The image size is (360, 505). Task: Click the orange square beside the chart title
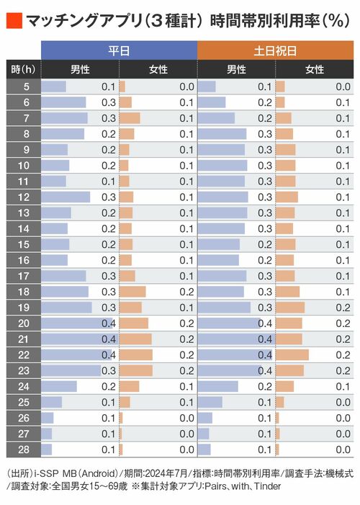click(x=14, y=21)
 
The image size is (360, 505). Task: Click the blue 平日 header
click(x=119, y=50)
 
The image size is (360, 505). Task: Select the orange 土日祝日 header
click(x=275, y=50)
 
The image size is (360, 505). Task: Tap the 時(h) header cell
click(x=24, y=69)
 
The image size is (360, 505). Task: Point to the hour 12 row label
click(x=24, y=197)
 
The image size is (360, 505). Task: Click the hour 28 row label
click(x=24, y=450)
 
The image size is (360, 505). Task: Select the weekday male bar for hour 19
click(x=66, y=308)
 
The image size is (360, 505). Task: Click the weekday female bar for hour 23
click(x=136, y=371)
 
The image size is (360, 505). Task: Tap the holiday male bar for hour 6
click(x=212, y=102)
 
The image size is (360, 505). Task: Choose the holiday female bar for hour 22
click(x=292, y=355)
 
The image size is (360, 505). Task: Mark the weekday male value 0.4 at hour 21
click(x=109, y=339)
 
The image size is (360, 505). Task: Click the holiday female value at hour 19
click(x=343, y=308)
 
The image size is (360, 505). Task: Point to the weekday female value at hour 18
click(x=186, y=292)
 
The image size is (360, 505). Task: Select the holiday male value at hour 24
click(x=265, y=386)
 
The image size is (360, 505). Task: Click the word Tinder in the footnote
click(x=267, y=486)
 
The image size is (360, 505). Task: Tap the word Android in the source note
click(x=98, y=473)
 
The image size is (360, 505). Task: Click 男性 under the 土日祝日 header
click(x=236, y=69)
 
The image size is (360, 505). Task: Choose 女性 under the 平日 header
click(x=158, y=69)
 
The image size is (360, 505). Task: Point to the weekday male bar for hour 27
click(x=46, y=434)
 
